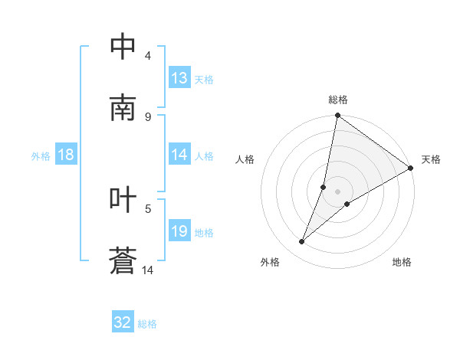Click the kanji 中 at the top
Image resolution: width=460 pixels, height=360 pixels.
(123, 47)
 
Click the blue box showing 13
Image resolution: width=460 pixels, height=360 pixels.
(179, 78)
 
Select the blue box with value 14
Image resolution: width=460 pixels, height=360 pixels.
(179, 155)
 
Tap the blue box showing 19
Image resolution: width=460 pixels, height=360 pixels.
(179, 232)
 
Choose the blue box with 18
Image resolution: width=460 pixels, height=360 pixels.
(66, 155)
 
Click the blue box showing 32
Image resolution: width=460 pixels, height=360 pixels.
(123, 322)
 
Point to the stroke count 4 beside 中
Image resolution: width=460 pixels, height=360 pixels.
(148, 55)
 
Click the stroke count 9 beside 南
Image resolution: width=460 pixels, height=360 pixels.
(148, 116)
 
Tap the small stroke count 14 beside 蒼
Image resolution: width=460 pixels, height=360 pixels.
(148, 270)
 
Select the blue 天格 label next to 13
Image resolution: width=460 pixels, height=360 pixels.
(204, 79)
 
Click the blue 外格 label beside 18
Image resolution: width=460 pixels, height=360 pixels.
(41, 156)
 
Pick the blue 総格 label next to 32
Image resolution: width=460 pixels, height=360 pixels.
(147, 323)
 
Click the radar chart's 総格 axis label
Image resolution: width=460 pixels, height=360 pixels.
(338, 100)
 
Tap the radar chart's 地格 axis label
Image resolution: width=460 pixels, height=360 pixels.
(402, 262)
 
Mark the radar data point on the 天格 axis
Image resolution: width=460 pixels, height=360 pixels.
(411, 169)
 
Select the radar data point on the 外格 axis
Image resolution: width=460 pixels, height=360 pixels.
(302, 242)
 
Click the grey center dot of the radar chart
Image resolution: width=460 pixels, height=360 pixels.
(338, 191)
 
